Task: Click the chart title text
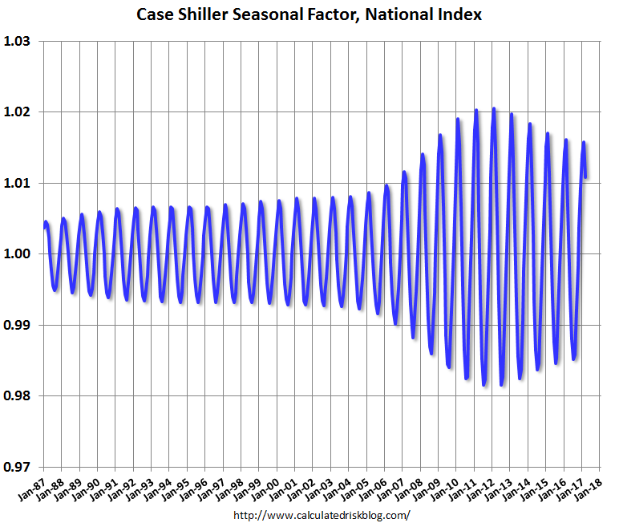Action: tap(309, 14)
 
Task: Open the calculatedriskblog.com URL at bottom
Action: tap(321, 515)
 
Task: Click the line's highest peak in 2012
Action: tap(494, 108)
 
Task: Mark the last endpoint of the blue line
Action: tap(586, 176)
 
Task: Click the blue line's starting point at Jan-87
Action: tap(44, 229)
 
